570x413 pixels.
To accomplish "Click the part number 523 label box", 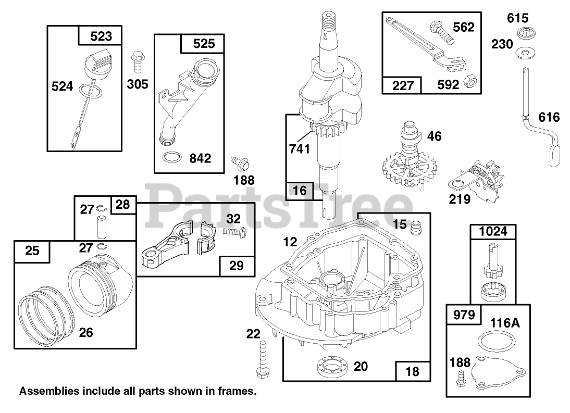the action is point(101,36).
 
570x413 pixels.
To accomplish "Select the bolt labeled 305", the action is point(138,61).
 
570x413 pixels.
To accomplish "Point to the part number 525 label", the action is point(204,43).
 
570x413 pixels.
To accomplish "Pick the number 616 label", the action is point(549,118).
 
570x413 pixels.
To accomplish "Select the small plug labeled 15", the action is point(415,227).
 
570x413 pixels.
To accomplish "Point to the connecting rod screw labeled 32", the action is point(234,229).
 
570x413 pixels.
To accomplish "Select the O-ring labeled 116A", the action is point(492,344).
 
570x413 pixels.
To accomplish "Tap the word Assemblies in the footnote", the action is point(42,391).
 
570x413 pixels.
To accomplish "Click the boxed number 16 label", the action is point(300,191).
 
